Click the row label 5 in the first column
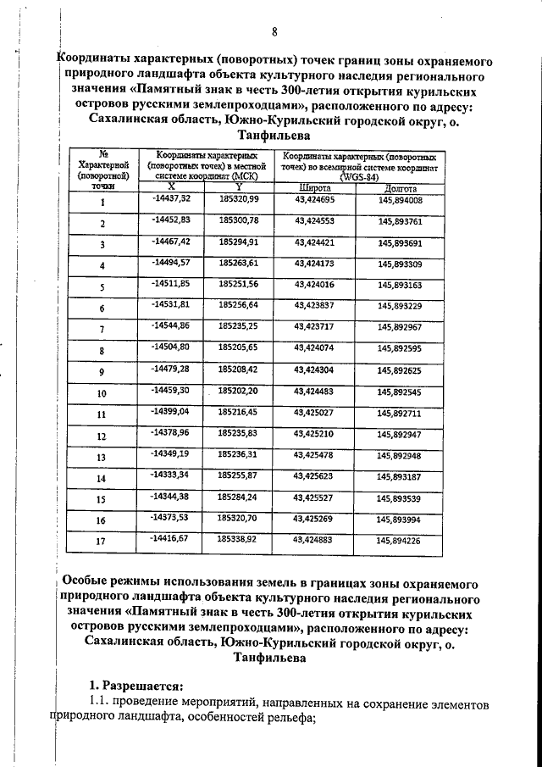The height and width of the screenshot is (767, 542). (102, 287)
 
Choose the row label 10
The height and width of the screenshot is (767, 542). (102, 394)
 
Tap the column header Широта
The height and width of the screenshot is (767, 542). (314, 187)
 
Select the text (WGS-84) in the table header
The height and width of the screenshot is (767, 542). (362, 177)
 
